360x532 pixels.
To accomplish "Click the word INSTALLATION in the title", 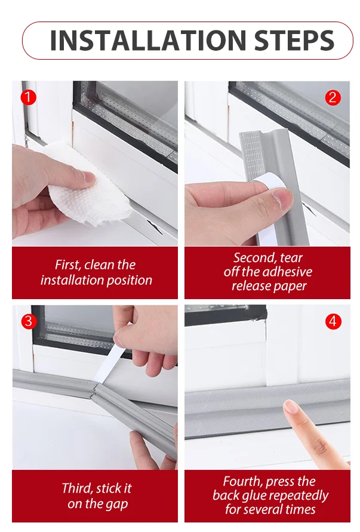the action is click(147, 41).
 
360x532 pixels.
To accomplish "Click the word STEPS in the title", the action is click(294, 41).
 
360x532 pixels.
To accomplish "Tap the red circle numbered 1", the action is click(28, 97).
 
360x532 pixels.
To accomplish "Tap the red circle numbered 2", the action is click(333, 98).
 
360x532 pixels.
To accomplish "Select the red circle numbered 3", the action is click(29, 321).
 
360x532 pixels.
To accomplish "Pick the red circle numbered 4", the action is click(333, 321).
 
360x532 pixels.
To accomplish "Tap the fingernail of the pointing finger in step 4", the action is click(290, 407).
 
